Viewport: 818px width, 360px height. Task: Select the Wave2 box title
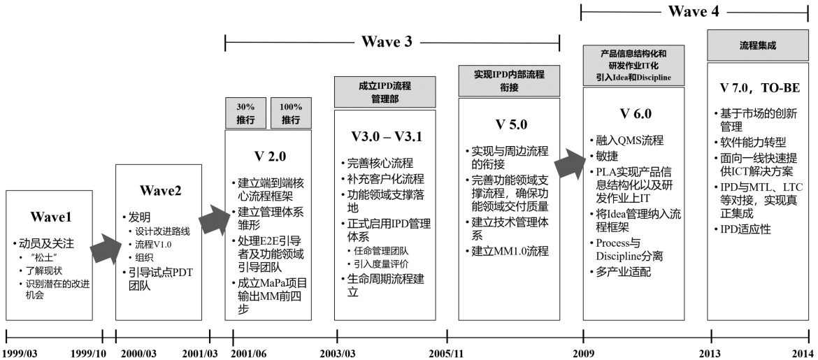point(160,191)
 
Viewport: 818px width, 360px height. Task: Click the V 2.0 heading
point(268,156)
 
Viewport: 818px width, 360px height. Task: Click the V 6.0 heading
point(635,114)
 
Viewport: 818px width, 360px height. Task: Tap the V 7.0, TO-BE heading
point(760,89)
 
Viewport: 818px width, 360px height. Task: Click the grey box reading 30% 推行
point(245,113)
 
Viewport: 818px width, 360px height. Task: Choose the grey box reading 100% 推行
point(291,113)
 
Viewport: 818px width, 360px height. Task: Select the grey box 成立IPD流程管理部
point(385,92)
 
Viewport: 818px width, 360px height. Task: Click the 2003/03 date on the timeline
point(337,354)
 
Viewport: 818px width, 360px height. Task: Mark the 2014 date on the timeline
point(803,354)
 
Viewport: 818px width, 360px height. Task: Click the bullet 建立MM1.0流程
point(510,251)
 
